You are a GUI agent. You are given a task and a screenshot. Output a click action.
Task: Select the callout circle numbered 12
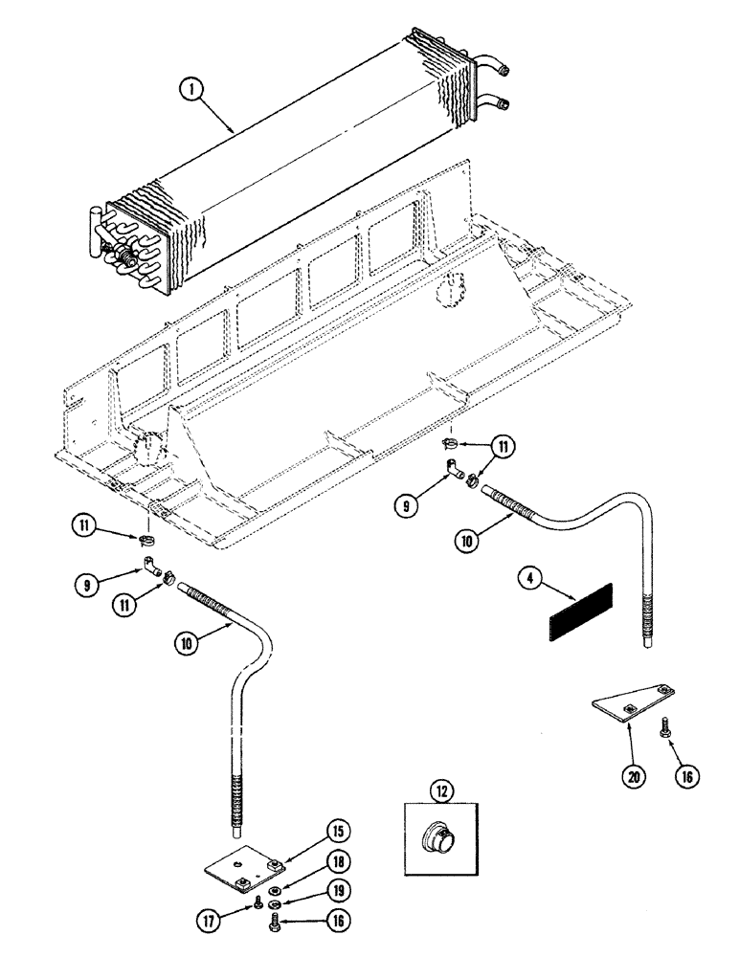pyautogui.click(x=440, y=790)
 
